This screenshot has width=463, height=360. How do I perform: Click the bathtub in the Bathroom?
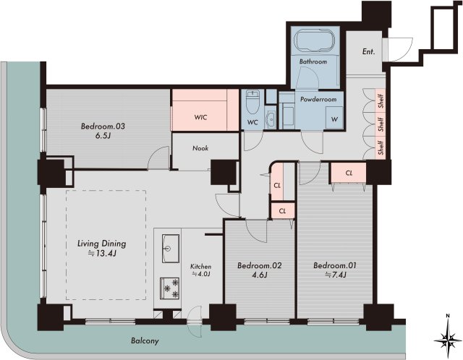pos(315,41)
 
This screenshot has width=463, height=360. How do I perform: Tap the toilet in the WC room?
pos(252,102)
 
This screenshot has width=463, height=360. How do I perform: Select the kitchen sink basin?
pos(171,249)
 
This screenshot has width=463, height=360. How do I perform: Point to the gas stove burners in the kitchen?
pos(170,288)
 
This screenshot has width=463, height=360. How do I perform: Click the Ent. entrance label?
pos(368,52)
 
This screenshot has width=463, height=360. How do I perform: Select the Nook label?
pos(200,148)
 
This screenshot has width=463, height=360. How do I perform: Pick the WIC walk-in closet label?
pos(200,117)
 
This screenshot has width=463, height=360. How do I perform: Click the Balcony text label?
pos(145,341)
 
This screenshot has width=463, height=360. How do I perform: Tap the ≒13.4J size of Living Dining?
pos(101,253)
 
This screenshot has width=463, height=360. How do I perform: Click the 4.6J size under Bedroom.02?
pos(259,275)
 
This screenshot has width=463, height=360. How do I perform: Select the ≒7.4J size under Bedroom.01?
pos(336,275)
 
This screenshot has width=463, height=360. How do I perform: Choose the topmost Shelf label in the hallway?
pos(381,100)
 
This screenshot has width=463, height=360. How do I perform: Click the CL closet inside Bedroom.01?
pos(349,173)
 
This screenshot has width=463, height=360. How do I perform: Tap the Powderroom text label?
pos(318,99)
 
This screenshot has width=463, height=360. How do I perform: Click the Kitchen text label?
pos(200,267)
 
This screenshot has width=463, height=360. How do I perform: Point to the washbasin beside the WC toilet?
pos(270,120)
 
